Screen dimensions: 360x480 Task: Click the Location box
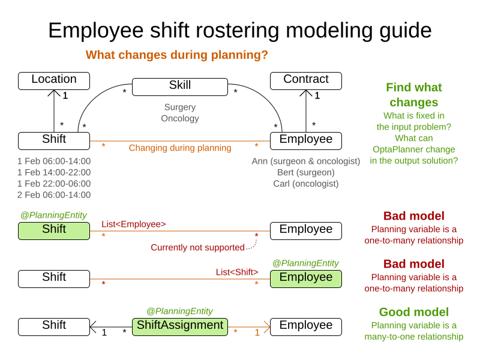(54, 80)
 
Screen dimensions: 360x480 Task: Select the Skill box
(180, 86)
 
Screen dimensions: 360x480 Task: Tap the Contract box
(306, 80)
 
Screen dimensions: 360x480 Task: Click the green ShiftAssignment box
(180, 326)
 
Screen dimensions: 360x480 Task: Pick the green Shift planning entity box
(54, 230)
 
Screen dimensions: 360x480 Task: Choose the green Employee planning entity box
(306, 278)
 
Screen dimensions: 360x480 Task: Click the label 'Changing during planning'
(180, 148)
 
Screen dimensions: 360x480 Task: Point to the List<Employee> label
(134, 224)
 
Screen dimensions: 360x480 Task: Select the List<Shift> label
(237, 272)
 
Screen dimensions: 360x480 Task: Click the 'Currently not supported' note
(197, 247)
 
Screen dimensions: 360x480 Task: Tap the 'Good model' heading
(413, 312)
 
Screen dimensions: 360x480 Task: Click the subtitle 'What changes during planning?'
(176, 55)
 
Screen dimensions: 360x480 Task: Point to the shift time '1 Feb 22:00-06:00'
(54, 184)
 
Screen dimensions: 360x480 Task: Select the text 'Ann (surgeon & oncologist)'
(306, 161)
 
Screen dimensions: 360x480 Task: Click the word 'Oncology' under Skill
(180, 118)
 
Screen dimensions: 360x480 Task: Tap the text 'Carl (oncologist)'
(306, 184)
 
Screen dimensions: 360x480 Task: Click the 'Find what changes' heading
(413, 95)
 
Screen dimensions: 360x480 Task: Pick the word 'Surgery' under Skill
(180, 107)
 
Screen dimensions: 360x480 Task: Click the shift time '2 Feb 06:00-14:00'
(54, 195)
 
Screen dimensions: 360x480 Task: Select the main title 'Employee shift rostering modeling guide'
(240, 30)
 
